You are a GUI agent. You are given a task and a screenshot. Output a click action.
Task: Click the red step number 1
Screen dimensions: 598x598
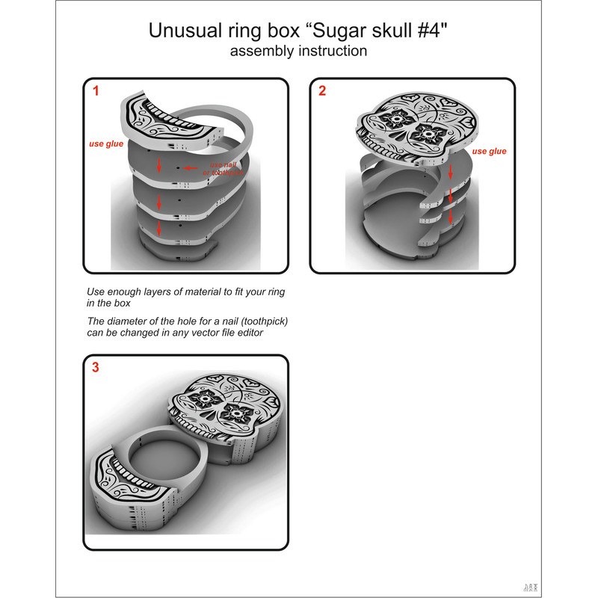pos(96,92)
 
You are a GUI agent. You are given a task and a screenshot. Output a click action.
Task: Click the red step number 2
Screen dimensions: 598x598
pos(322,92)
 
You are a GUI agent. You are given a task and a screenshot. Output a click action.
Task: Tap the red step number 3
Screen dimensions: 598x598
pos(96,367)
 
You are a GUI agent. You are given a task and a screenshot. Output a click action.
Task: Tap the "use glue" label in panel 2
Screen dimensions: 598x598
pos(490,151)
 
